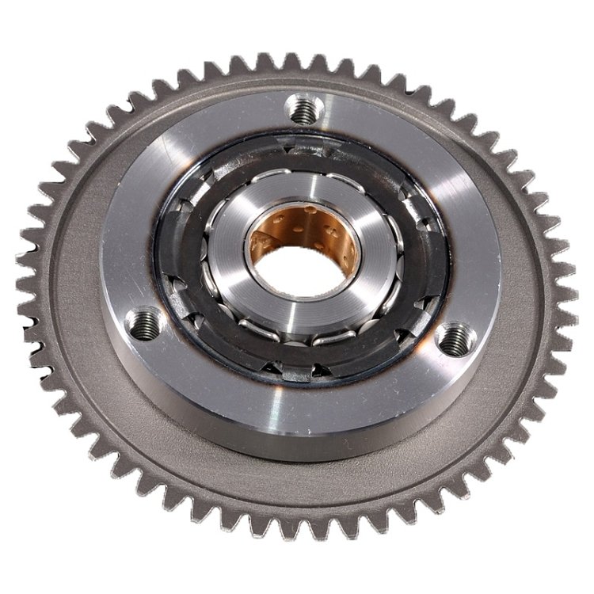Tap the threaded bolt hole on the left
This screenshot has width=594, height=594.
click(x=143, y=324)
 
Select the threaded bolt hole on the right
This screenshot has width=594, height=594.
click(x=454, y=339)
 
